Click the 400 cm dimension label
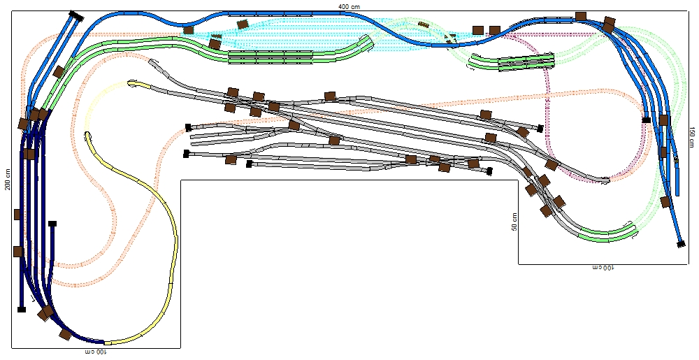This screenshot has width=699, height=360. [x=349, y=7]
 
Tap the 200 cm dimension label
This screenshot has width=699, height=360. [x=8, y=180]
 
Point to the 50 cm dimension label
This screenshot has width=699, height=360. [x=514, y=222]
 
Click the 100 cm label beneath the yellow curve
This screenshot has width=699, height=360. [x=96, y=352]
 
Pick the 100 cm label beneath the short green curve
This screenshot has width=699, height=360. [x=603, y=268]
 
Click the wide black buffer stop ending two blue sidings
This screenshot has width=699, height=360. [x=77, y=17]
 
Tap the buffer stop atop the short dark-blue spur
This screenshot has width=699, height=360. [x=52, y=224]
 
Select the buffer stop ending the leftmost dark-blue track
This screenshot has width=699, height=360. [x=22, y=309]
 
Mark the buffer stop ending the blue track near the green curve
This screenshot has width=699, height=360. [x=681, y=244]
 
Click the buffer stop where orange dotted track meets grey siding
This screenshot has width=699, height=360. [x=188, y=127]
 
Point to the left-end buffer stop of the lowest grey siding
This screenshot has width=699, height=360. [x=250, y=164]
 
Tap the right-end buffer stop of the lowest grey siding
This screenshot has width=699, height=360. [x=489, y=171]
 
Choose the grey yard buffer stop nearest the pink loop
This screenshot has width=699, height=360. [x=540, y=129]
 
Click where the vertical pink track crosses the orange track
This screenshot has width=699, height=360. [x=548, y=95]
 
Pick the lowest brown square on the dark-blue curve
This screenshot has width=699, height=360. [x=66, y=334]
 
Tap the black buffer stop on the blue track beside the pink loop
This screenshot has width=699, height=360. [x=647, y=120]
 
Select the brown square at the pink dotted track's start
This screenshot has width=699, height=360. [x=495, y=30]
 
